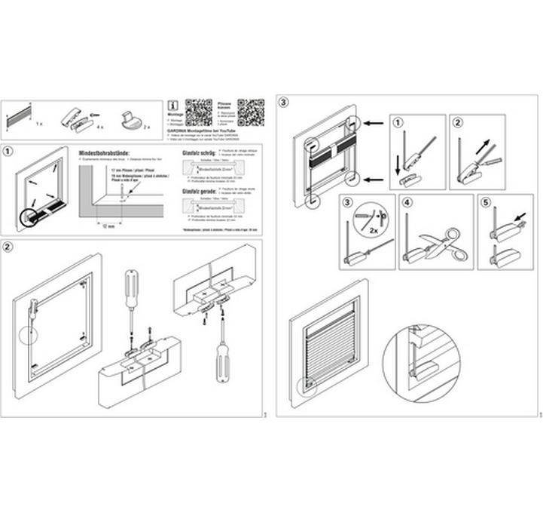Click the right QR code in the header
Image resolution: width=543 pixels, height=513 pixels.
pos(251,111)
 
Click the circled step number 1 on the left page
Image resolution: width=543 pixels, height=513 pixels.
pos(8,150)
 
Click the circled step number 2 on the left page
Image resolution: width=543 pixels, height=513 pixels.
pos(8,247)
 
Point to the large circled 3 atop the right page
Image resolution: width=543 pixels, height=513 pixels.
pos(283,101)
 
